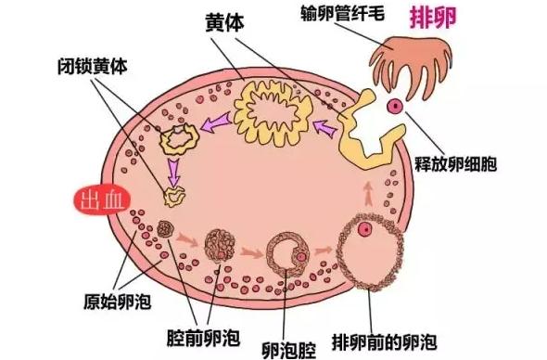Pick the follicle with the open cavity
289,252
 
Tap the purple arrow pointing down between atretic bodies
173,170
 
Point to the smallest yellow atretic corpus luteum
173,196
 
